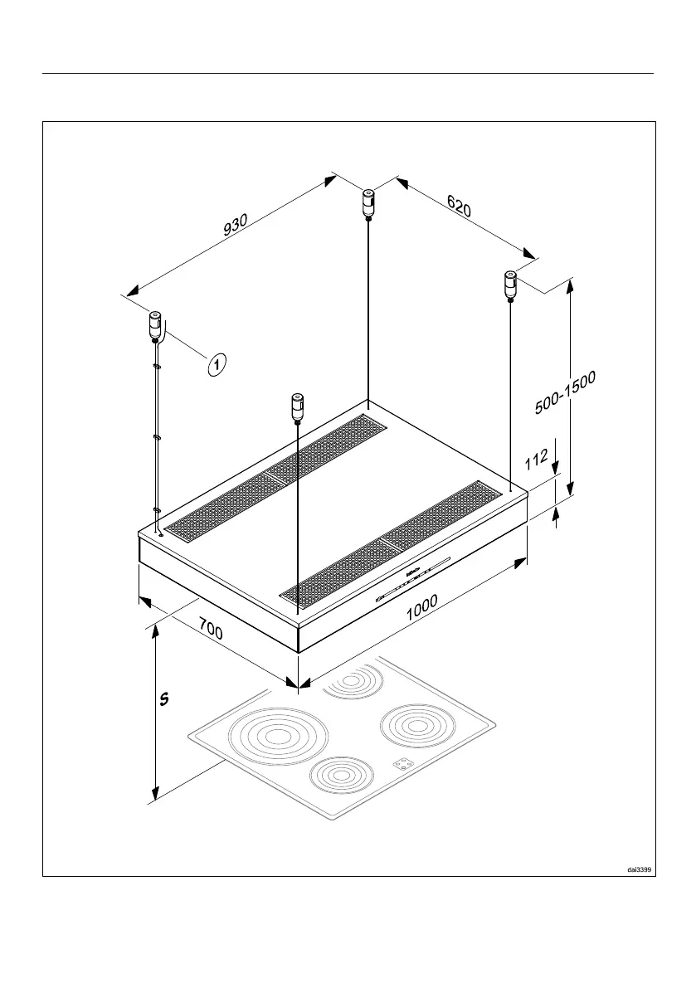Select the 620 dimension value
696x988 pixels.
[459, 205]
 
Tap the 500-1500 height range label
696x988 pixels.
[566, 392]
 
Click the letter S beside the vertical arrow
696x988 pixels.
[164, 699]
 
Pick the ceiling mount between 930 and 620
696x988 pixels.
[367, 203]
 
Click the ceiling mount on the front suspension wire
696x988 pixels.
[296, 406]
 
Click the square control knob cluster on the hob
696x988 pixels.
[402, 765]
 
